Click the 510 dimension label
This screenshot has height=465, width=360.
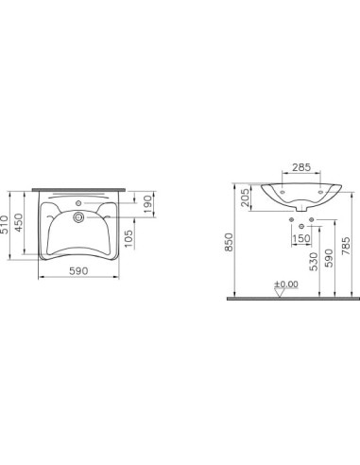point(4,225)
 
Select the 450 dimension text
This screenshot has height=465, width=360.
point(19,223)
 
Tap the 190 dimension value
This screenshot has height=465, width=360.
point(148,204)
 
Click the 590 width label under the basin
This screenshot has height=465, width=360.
point(78,270)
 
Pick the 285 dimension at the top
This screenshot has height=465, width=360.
point(301,167)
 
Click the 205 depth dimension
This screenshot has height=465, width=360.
point(245,198)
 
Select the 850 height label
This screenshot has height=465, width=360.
point(229,242)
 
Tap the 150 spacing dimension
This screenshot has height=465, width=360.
point(301,238)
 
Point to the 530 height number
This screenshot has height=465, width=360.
point(314,261)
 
